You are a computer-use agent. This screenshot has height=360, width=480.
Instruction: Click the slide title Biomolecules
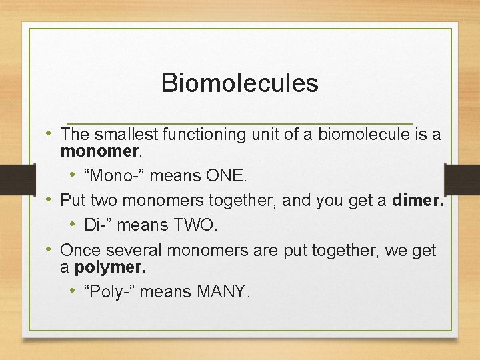tap(239, 83)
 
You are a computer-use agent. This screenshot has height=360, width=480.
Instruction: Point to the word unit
tap(263, 135)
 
